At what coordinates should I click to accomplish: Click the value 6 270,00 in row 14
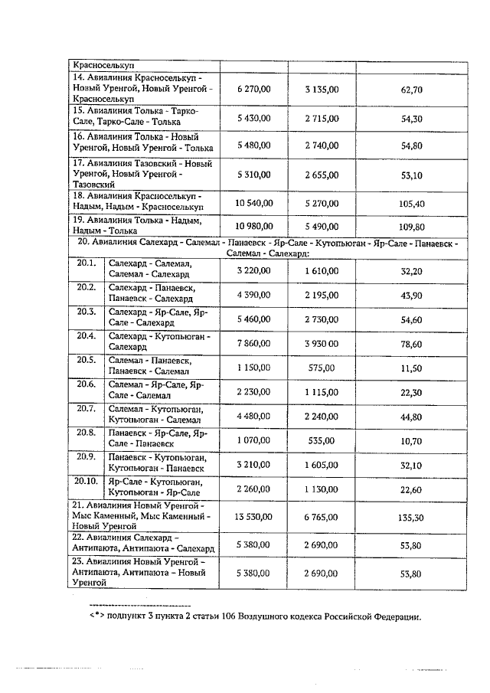click(x=254, y=90)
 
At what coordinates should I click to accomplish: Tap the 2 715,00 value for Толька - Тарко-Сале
click(x=322, y=119)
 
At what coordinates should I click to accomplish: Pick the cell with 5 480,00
click(x=254, y=145)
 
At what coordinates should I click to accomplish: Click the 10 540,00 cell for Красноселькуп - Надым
click(x=254, y=204)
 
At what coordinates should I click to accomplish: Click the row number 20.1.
click(x=86, y=263)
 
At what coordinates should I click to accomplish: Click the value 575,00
click(x=322, y=368)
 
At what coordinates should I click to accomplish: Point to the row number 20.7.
click(x=86, y=409)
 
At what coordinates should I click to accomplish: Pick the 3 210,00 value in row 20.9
click(x=254, y=465)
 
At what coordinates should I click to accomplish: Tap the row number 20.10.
click(x=87, y=482)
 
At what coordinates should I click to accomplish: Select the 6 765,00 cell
click(x=322, y=518)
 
